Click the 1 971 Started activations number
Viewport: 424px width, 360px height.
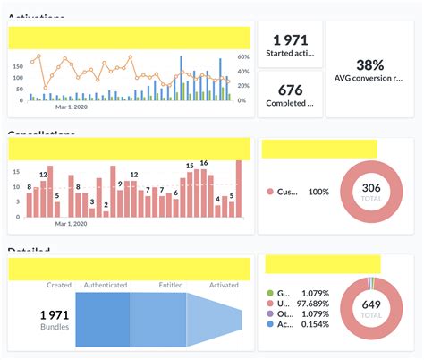291,40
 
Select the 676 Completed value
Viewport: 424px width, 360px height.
291,90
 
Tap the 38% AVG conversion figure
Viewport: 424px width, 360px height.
369,64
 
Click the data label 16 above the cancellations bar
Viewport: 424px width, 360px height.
204,163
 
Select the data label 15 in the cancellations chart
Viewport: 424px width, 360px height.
189,166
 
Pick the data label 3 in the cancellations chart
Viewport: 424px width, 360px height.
92,201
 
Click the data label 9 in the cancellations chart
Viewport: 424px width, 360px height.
120,184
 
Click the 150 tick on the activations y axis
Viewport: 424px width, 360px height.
17,66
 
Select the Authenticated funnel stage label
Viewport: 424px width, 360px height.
105,286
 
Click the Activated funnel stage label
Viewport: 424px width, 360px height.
225,286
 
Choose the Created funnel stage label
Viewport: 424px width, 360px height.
58,286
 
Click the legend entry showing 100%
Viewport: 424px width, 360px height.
300,192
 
